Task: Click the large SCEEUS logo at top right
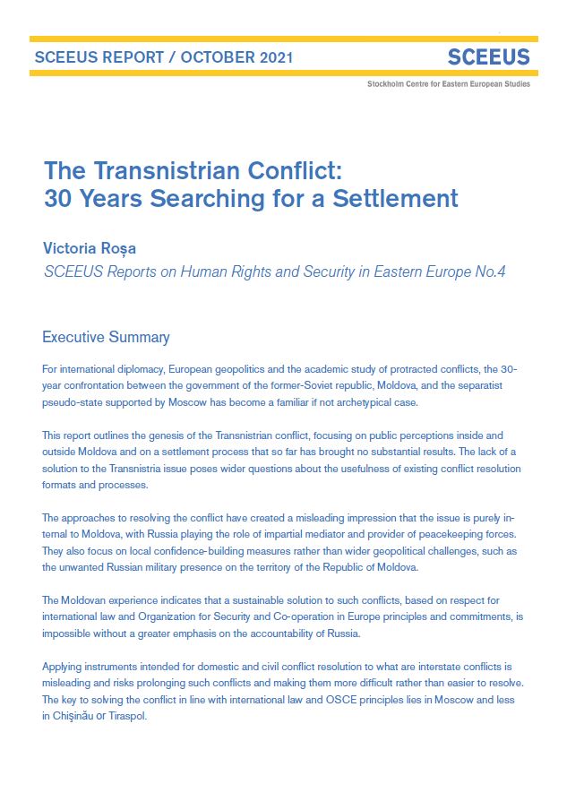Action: click(x=488, y=58)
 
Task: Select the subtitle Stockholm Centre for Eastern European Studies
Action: click(x=448, y=83)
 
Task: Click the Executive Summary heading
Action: click(x=106, y=338)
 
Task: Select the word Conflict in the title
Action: click(x=288, y=168)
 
